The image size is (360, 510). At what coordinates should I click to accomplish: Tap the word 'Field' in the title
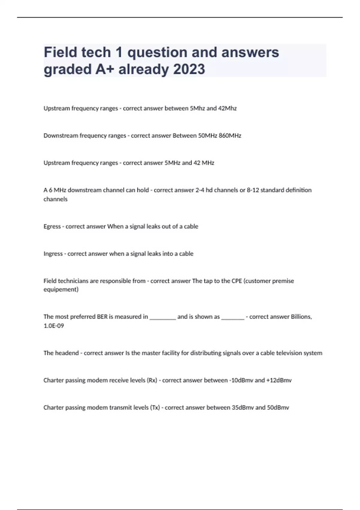(x=61, y=52)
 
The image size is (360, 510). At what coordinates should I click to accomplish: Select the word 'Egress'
(x=52, y=226)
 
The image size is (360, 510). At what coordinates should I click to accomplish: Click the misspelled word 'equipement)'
(x=61, y=289)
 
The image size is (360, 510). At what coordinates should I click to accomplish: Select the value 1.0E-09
(x=54, y=326)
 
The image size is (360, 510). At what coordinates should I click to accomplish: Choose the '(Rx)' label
(x=152, y=380)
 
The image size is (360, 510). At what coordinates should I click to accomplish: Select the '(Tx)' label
(x=155, y=408)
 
